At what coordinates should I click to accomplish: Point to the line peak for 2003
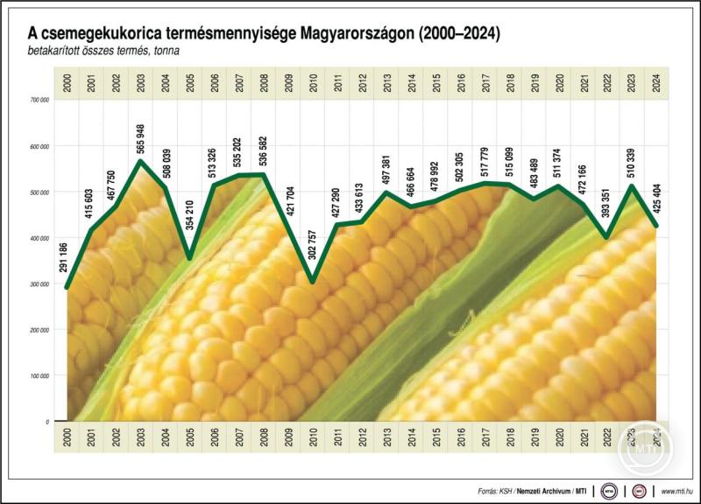point(141,161)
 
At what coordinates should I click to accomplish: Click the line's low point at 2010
point(313,282)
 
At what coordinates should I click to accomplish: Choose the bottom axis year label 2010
point(313,437)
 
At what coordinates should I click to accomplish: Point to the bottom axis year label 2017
point(485,437)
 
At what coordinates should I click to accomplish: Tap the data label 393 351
point(608,206)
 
